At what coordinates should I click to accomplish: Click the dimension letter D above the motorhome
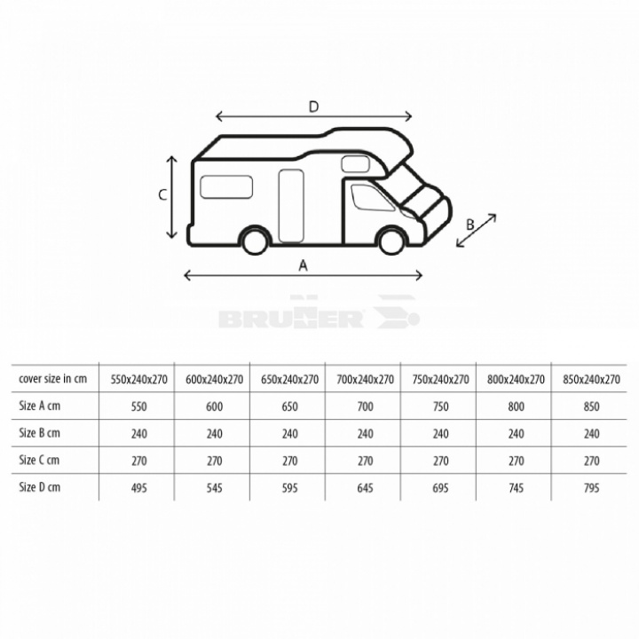[x=313, y=106]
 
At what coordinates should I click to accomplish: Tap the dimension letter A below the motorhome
[x=304, y=265]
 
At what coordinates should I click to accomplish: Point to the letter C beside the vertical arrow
[x=162, y=195]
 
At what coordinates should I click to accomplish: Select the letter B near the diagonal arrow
[x=469, y=225]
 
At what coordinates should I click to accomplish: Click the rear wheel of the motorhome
[x=256, y=241]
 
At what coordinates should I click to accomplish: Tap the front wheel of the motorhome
[x=391, y=241]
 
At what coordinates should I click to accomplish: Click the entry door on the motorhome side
[x=291, y=206]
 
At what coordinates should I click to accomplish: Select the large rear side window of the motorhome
[x=226, y=187]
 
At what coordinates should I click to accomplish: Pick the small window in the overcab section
[x=355, y=164]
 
